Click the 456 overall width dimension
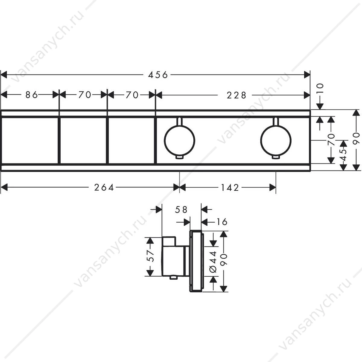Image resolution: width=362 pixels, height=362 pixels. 158,75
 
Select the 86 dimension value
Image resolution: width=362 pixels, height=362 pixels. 32,95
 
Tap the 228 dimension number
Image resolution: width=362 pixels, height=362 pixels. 236,95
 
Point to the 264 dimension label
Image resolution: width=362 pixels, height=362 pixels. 104,187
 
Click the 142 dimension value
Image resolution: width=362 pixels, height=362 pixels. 230,187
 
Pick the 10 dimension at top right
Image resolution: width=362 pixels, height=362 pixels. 320,88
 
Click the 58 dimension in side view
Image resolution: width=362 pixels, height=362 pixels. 181,210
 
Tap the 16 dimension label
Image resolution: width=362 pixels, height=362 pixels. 222,222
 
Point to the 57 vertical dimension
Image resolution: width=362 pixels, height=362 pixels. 150,256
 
